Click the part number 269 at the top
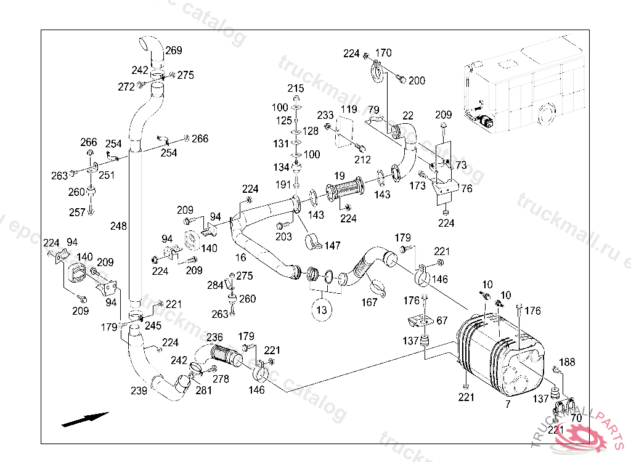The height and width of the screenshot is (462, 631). click(x=174, y=51)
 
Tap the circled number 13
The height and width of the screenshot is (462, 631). click(x=322, y=310)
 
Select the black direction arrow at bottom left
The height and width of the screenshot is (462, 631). click(x=85, y=419)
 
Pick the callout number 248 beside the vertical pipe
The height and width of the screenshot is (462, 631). click(x=118, y=227)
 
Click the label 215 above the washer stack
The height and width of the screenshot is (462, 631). click(x=296, y=89)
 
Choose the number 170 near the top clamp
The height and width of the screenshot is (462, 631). click(x=383, y=53)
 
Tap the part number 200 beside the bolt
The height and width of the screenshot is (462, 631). click(x=417, y=80)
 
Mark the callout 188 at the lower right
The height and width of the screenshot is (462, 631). click(x=567, y=362)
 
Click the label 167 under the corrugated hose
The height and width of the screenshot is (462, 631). click(x=369, y=302)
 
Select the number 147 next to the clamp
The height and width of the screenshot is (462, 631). click(x=332, y=246)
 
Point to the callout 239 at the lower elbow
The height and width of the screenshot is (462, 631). click(x=139, y=391)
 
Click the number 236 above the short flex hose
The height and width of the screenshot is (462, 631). click(x=214, y=337)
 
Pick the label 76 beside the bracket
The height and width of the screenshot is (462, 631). click(x=466, y=189)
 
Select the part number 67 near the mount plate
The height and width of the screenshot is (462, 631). click(x=442, y=321)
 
